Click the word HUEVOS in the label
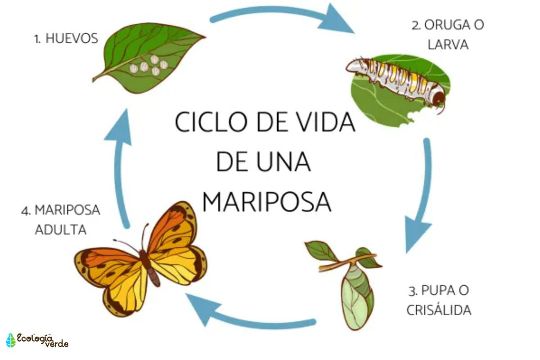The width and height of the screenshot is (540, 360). pyautogui.click(x=72, y=39)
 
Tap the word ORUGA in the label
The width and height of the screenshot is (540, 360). pyautogui.click(x=443, y=25)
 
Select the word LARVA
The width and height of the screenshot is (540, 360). pyautogui.click(x=448, y=45)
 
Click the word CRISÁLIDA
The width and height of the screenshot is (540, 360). pyautogui.click(x=439, y=310)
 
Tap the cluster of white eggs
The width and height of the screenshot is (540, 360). pyautogui.click(x=148, y=66)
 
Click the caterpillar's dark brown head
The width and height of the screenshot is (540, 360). pyautogui.click(x=438, y=97)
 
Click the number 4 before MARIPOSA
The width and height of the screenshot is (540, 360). pyautogui.click(x=25, y=211)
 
